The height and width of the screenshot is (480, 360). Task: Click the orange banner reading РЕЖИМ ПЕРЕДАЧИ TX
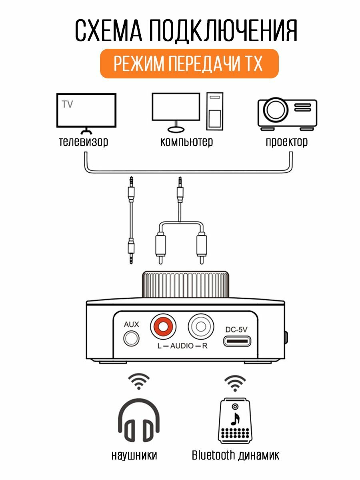click(x=189, y=64)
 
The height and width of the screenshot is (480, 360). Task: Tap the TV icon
click(x=86, y=111)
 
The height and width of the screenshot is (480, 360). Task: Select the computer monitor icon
click(x=176, y=108)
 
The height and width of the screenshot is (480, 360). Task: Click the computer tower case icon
click(x=215, y=111)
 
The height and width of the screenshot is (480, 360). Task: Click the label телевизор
click(x=83, y=142)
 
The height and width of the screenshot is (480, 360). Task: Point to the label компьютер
click(x=186, y=142)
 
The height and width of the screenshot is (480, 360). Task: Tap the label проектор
click(x=287, y=142)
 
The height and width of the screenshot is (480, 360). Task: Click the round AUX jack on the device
click(x=131, y=339)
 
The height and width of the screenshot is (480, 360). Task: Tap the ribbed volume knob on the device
click(x=186, y=285)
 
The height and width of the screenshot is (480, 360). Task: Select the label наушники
click(x=134, y=455)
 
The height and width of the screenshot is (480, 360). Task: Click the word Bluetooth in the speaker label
click(x=213, y=455)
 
